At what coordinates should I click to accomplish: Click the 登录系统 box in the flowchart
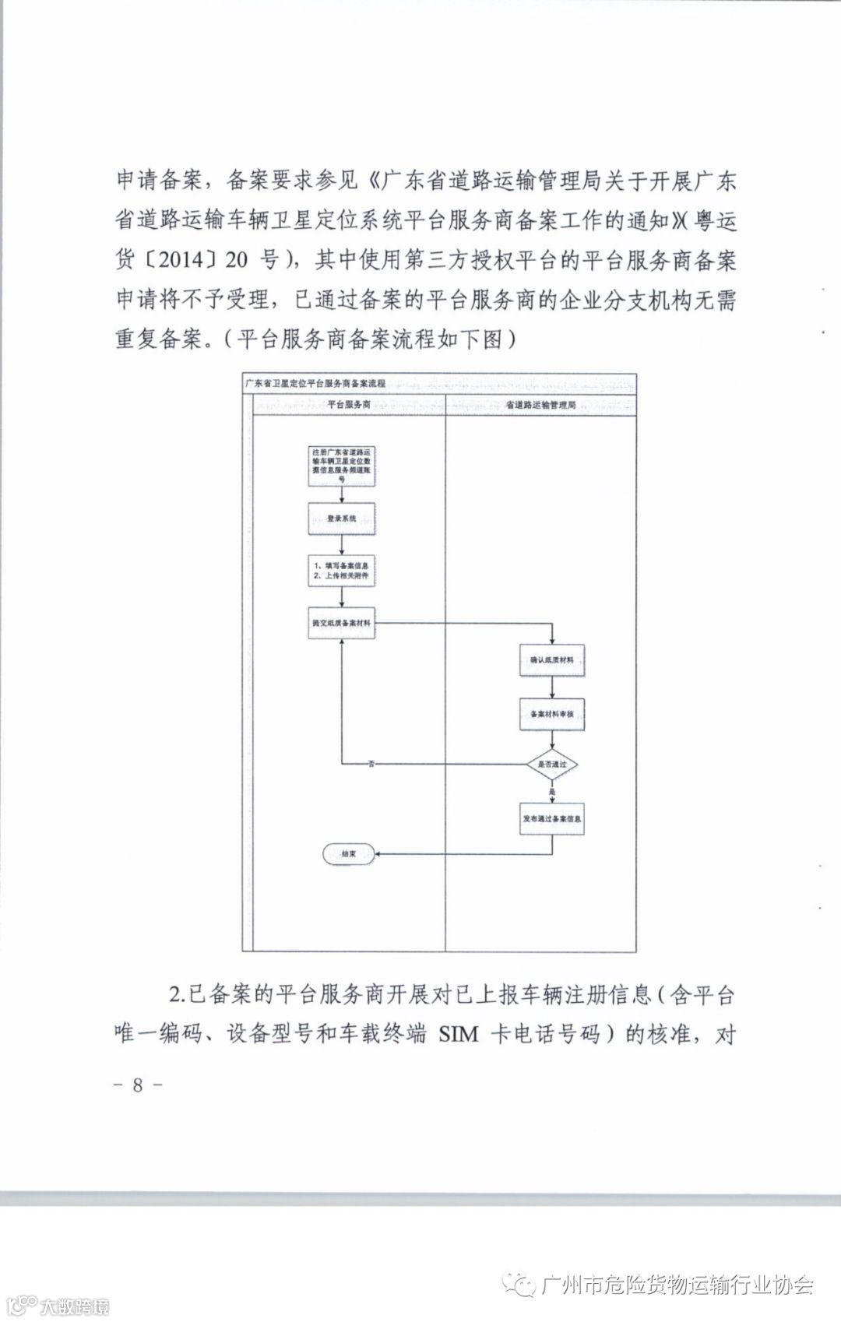click(342, 519)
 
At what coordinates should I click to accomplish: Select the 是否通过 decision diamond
click(552, 765)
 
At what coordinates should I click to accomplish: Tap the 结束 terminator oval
click(348, 854)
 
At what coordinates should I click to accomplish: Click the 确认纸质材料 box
click(552, 660)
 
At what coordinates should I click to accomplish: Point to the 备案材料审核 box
click(552, 714)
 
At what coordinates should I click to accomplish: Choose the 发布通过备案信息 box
click(552, 820)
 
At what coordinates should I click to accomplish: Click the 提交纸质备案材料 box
click(342, 624)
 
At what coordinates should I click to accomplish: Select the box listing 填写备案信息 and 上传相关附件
click(342, 571)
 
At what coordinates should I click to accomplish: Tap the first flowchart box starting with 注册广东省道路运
click(342, 466)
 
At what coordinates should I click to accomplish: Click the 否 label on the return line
click(371, 765)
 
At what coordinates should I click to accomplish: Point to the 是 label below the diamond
click(552, 792)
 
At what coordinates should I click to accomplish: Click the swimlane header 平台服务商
click(348, 406)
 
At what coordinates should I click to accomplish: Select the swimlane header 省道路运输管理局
click(540, 406)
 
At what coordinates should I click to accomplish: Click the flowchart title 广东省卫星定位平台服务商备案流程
click(315, 384)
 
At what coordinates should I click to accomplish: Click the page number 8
click(138, 1085)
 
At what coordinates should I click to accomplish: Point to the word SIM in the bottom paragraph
click(459, 1035)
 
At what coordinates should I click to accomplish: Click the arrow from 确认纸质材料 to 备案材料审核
click(552, 687)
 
